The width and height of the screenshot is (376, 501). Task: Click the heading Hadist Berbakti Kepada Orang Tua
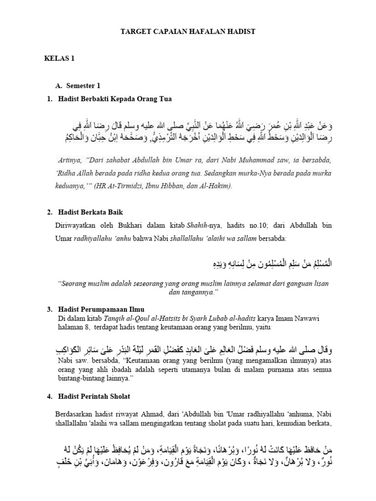pyautogui.click(x=115, y=99)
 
